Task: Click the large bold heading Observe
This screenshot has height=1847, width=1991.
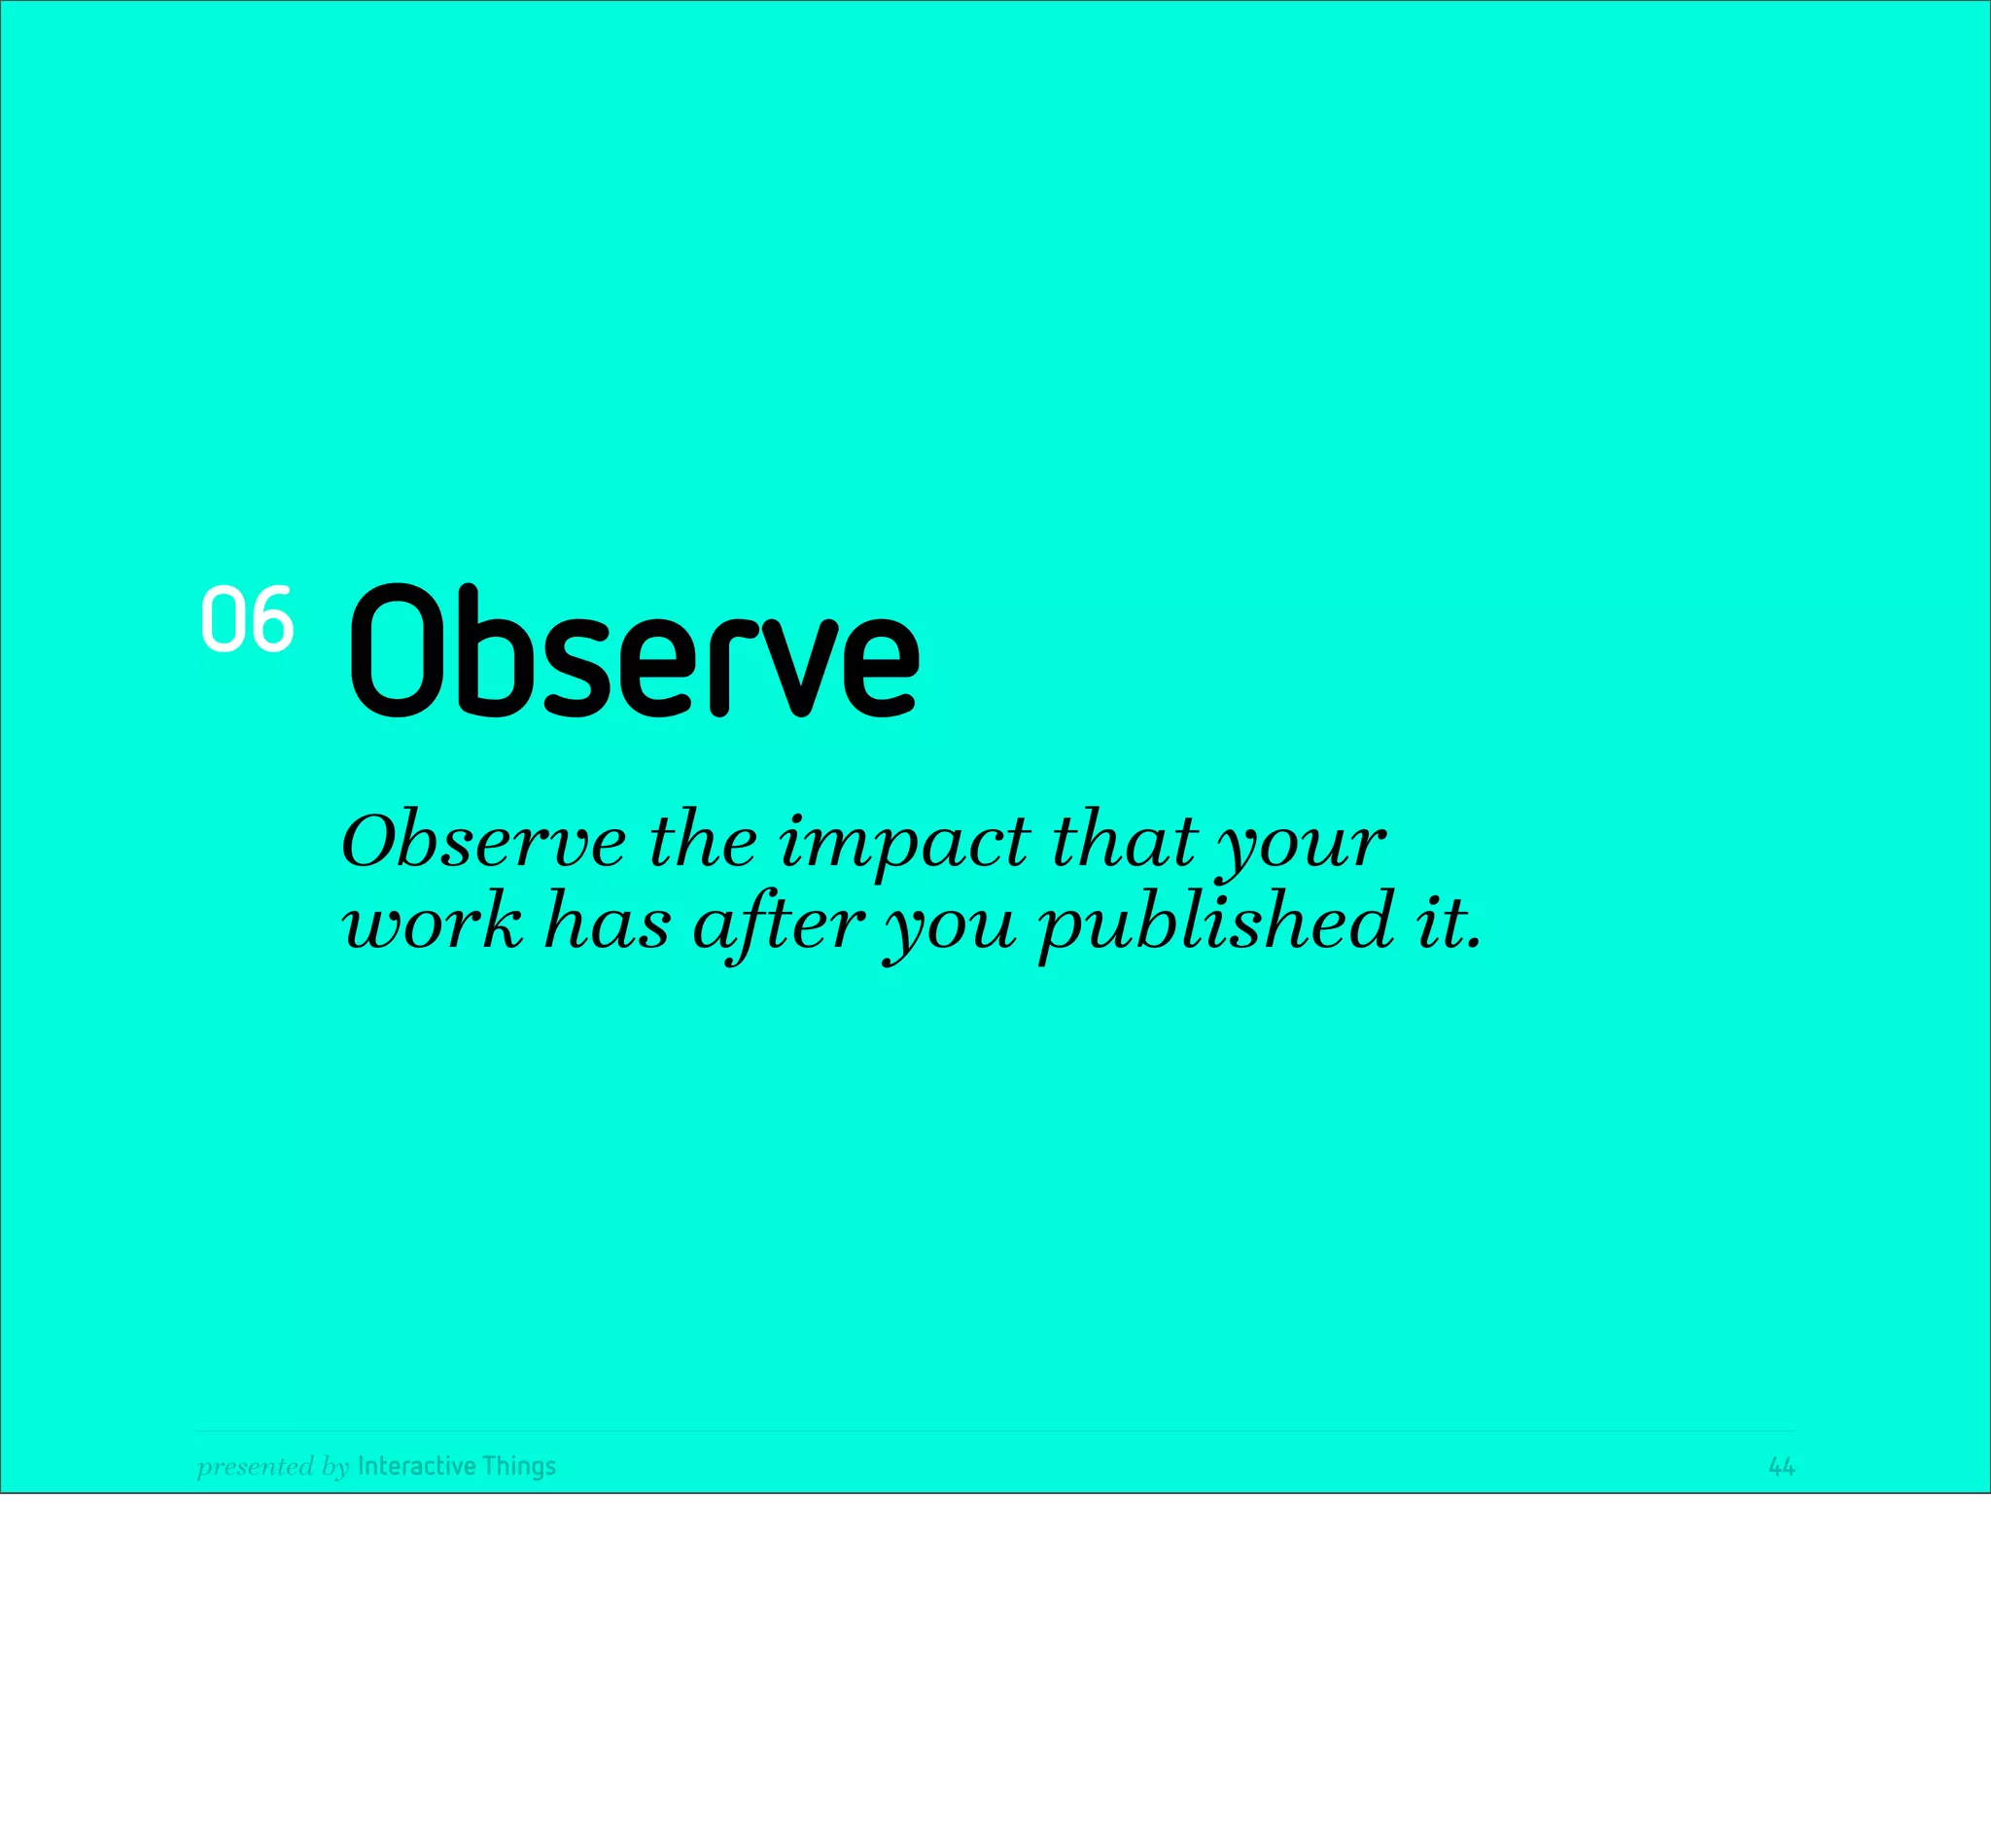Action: pyautogui.click(x=634, y=650)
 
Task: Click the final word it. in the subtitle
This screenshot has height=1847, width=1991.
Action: pyautogui.click(x=1448, y=922)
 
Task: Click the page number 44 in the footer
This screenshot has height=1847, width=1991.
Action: pyautogui.click(x=1781, y=1466)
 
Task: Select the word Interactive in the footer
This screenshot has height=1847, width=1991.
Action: pyautogui.click(x=416, y=1466)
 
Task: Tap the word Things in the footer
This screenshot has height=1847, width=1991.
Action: pyautogui.click(x=518, y=1467)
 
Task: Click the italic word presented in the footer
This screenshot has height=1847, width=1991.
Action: pyautogui.click(x=255, y=1467)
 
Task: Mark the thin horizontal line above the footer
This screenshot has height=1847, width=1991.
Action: pyautogui.click(x=994, y=1430)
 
